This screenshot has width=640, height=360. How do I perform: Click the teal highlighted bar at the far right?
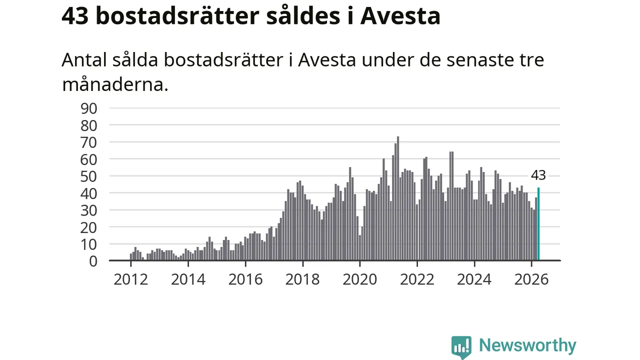point(538,223)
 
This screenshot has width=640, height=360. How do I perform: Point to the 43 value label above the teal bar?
point(538,175)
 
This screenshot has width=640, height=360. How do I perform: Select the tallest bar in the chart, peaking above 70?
point(398,198)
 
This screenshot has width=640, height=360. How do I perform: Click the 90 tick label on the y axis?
point(89,108)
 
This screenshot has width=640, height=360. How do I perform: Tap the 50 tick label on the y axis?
point(89,176)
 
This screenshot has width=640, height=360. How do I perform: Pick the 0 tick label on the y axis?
point(93,261)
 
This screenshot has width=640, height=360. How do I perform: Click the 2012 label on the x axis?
point(131,279)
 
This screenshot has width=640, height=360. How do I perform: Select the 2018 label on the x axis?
point(302,279)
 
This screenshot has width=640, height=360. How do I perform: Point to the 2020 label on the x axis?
point(360,279)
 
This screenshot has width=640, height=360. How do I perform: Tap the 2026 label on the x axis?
point(531,279)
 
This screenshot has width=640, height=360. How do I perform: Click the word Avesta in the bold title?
point(400,16)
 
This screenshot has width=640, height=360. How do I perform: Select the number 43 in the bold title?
point(75,16)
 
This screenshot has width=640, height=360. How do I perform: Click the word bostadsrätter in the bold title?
point(177,15)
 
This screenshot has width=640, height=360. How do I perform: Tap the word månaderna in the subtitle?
point(115,84)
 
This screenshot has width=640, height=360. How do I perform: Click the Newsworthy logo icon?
point(461,347)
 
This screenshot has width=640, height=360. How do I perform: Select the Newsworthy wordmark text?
point(527,345)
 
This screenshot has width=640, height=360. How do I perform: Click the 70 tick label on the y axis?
point(89,142)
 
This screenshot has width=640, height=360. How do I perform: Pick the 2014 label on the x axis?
point(188,279)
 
